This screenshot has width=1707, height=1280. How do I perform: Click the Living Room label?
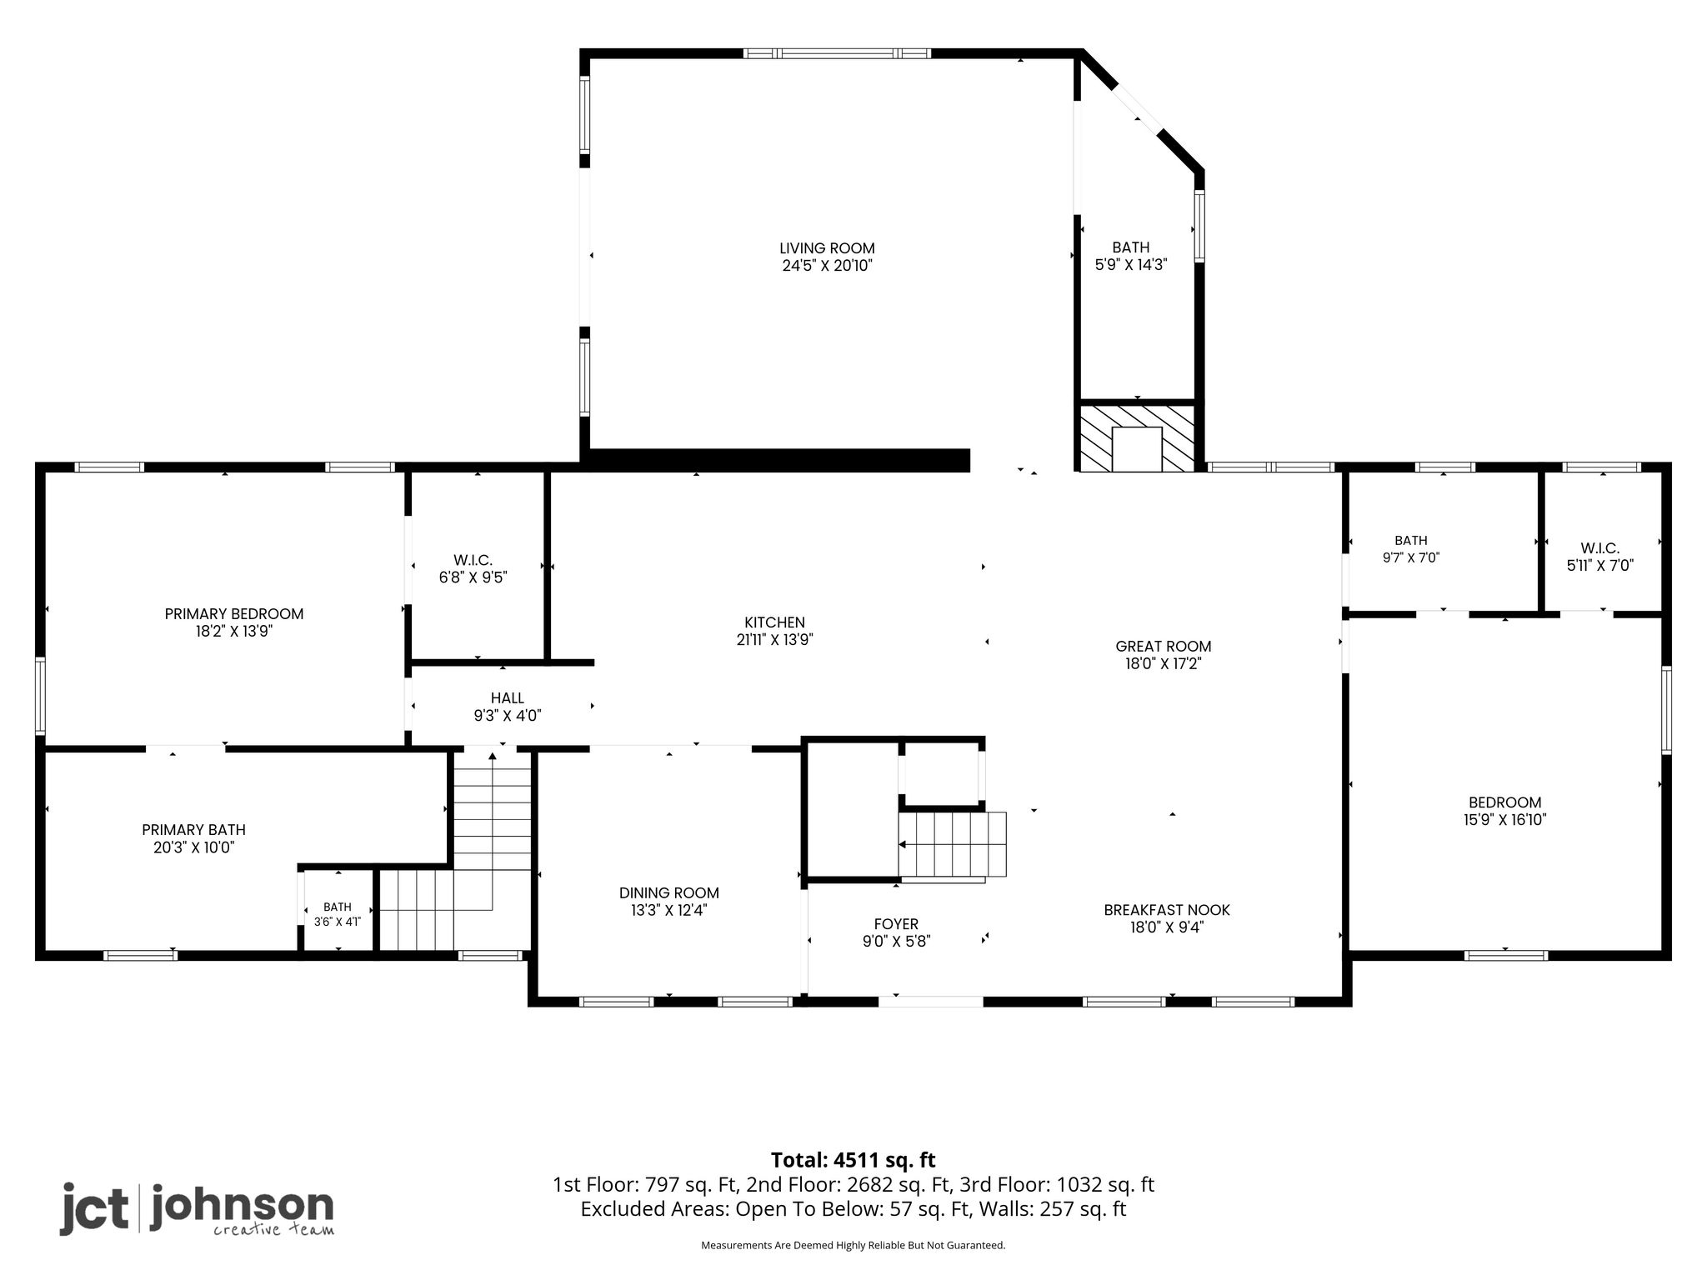click(827, 248)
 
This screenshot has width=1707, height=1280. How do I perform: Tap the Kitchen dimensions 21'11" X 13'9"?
click(769, 640)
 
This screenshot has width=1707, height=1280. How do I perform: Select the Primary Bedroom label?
click(234, 614)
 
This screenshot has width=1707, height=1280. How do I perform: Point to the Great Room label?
click(1164, 647)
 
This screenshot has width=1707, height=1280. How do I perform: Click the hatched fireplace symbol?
click(1137, 437)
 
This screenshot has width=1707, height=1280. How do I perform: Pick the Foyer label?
click(896, 924)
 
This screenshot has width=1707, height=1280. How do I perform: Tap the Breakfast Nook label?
click(1167, 910)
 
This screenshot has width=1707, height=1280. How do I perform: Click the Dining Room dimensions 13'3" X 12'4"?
click(669, 911)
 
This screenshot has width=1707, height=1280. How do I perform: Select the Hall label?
click(508, 698)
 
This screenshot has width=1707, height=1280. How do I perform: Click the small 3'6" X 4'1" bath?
click(338, 914)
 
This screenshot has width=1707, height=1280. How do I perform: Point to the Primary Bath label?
click(194, 830)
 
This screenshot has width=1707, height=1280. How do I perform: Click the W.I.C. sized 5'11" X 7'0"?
click(1600, 557)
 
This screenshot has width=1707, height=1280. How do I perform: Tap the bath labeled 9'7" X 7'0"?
click(1411, 549)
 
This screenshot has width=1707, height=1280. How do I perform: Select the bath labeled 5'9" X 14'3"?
click(1131, 256)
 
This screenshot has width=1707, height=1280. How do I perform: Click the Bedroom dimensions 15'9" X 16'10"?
click(1505, 820)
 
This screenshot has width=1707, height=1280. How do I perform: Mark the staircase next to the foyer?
click(953, 845)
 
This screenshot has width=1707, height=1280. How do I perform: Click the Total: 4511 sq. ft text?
click(853, 1160)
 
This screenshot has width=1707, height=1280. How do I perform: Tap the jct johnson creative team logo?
click(197, 1209)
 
